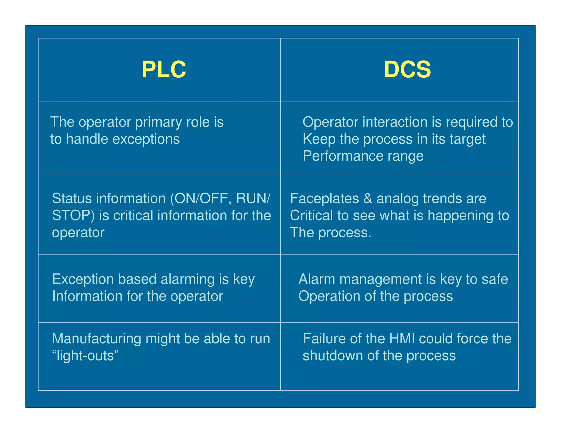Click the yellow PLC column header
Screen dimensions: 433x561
pyautogui.click(x=164, y=70)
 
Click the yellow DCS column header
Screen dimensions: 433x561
pyautogui.click(x=407, y=70)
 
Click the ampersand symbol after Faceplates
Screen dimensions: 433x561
pyautogui.click(x=368, y=198)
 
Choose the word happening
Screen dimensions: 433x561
pyautogui.click(x=459, y=216)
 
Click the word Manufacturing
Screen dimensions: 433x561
pyautogui.click(x=96, y=339)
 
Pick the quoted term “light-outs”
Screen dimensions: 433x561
pyautogui.click(x=85, y=356)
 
